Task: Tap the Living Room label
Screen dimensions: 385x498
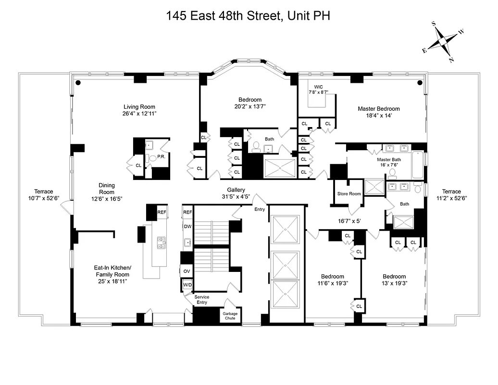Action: pos(139,107)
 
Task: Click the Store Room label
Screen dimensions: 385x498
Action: pos(349,194)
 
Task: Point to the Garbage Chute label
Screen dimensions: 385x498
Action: pos(229,316)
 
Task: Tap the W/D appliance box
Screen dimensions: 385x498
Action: pos(187,285)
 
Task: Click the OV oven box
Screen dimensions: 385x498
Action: pos(187,271)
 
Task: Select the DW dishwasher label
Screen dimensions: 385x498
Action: pos(187,227)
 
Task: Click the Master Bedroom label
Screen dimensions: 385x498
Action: pos(378,109)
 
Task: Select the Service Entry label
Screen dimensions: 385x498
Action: pos(202,300)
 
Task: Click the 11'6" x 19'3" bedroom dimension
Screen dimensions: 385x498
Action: pos(333,283)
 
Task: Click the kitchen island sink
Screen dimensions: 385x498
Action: pos(162,243)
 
